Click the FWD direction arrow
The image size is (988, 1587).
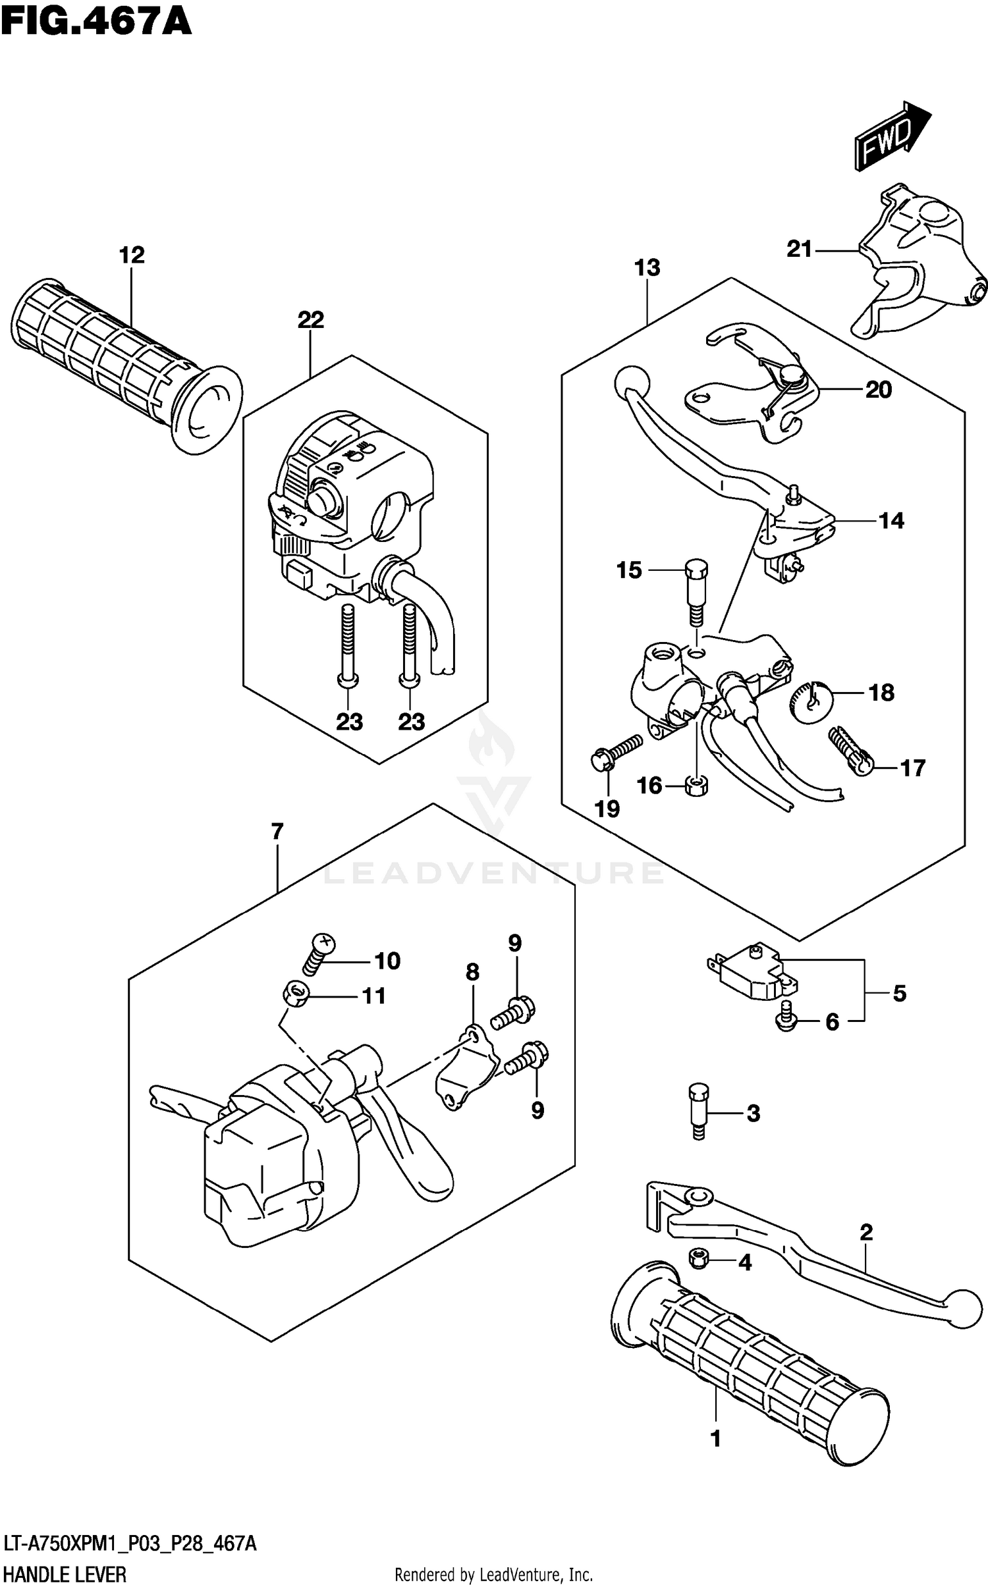click(892, 136)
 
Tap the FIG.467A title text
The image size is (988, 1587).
click(96, 21)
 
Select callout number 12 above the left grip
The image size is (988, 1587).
click(132, 255)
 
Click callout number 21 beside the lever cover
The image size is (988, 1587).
click(799, 249)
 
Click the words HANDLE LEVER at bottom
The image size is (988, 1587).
click(65, 1574)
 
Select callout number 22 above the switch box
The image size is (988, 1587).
click(311, 320)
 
